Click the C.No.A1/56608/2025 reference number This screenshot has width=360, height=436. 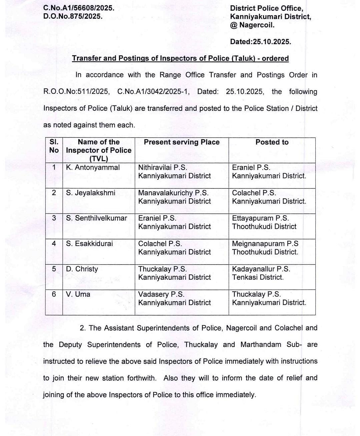[x=79, y=8]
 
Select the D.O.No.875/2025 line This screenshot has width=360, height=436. [x=73, y=16]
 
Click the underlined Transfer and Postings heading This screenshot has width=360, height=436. [x=180, y=58]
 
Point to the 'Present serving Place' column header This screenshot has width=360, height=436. [x=182, y=142]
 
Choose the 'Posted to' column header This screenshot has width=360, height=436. [x=272, y=142]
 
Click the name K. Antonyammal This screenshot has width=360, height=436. [x=93, y=167]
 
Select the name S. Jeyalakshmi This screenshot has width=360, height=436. [x=91, y=193]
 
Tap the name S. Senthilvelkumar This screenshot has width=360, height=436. [x=96, y=218]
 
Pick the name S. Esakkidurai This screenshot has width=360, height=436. [x=89, y=244]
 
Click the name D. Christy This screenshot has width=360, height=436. [x=82, y=269]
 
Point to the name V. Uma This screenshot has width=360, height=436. [x=78, y=294]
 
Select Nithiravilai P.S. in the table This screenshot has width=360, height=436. [x=163, y=167]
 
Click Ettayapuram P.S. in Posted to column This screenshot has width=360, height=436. [x=260, y=218]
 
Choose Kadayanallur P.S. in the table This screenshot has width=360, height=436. [x=261, y=269]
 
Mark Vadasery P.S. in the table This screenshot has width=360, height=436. [x=161, y=294]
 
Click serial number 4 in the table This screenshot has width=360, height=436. [x=54, y=244]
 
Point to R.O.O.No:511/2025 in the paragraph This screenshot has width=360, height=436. [x=76, y=92]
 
